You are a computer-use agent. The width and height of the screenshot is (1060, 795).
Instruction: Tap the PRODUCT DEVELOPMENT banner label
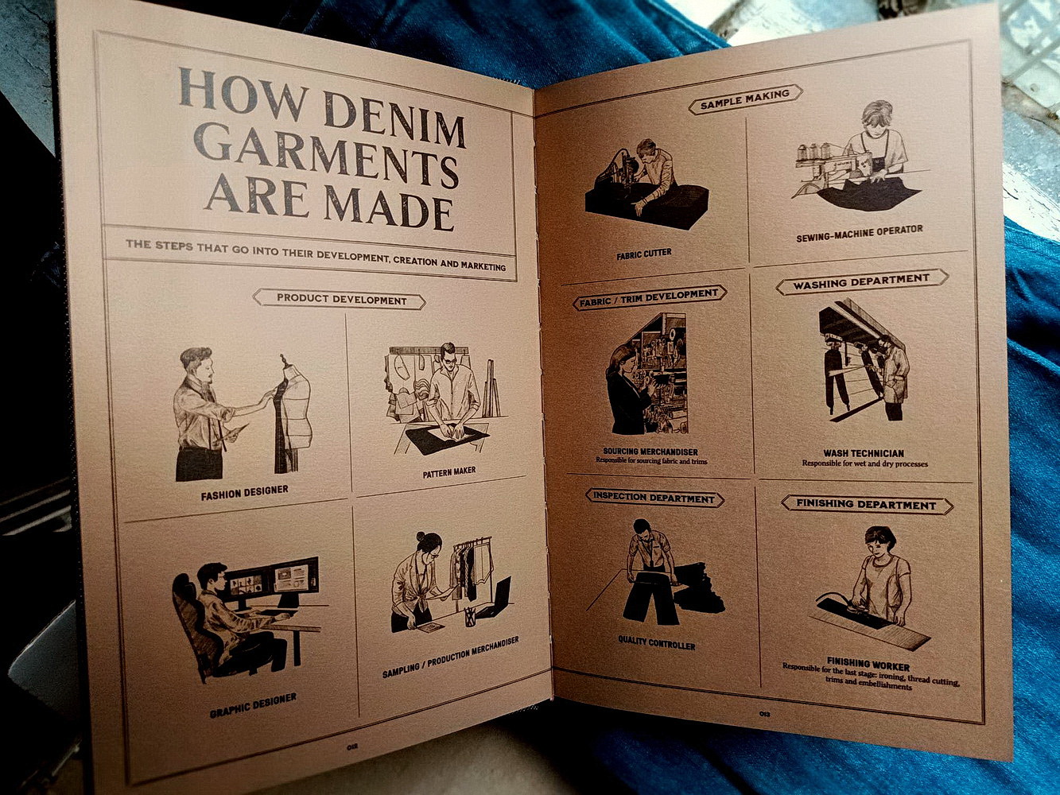pos(339,299)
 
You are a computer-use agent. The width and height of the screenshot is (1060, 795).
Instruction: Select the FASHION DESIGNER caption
pos(244,492)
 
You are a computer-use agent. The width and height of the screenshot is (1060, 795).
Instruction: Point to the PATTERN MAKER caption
pos(448,471)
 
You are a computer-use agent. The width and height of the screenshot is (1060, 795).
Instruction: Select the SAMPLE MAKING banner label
pos(745,99)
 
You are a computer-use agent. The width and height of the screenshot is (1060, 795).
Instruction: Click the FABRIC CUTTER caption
pos(644,254)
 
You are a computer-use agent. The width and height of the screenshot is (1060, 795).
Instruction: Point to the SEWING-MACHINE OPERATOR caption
pos(859,233)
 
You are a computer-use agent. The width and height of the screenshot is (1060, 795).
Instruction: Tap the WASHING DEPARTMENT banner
pos(861,281)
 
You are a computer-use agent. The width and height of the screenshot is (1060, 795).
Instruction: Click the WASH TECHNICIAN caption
pos(864,453)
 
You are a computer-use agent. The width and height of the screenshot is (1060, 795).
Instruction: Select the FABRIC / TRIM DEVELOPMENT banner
pos(649,297)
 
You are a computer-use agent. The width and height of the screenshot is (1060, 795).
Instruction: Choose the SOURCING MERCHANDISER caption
pos(650,452)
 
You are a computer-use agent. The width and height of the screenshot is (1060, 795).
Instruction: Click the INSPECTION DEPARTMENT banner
pos(654,498)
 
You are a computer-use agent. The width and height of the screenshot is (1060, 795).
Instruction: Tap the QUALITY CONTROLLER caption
pos(656,642)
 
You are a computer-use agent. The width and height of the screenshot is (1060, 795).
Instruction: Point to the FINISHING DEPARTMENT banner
pos(866,504)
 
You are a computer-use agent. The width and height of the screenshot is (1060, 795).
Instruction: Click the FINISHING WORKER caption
pos(868,664)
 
